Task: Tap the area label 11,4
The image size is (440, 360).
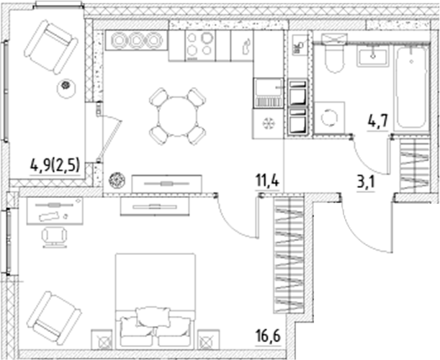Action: click(x=267, y=177)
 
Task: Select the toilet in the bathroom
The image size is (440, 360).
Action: click(x=333, y=58)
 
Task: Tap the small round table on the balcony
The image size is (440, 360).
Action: click(x=66, y=87)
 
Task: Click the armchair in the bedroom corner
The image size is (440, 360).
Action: click(x=55, y=315)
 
